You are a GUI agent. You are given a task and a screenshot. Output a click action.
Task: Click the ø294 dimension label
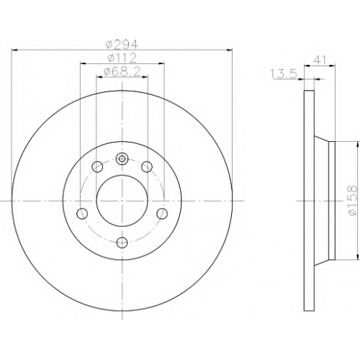pyautogui.click(x=122, y=45)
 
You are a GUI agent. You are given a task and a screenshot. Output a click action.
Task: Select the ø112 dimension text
pyautogui.click(x=122, y=58)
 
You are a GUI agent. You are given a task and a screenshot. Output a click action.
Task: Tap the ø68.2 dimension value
pyautogui.click(x=122, y=72)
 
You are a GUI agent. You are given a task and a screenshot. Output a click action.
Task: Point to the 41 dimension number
pyautogui.click(x=320, y=60)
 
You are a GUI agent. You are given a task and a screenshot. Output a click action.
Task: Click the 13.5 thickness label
pyautogui.click(x=284, y=73)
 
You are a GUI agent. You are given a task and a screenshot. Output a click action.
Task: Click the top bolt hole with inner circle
pyautogui.click(x=122, y=158)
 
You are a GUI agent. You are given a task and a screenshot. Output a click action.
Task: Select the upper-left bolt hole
pyautogui.click(x=97, y=166)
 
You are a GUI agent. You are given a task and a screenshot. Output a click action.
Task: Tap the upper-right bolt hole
pyautogui.click(x=147, y=166)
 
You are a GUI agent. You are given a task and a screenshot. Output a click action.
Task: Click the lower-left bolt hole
pyautogui.click(x=82, y=213)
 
